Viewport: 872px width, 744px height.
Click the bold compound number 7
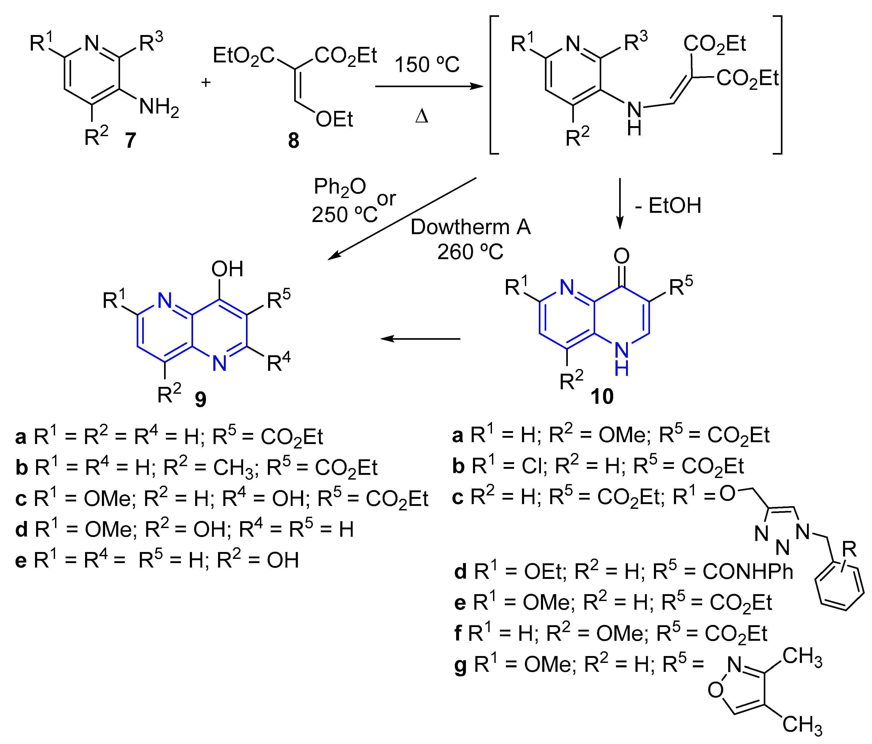click(131, 140)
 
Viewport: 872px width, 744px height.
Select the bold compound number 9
click(201, 398)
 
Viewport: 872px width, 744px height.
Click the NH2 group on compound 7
click(159, 107)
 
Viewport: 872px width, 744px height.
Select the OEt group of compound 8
click(334, 120)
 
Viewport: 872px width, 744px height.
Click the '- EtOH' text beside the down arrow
click(668, 206)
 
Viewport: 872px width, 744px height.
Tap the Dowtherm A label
click(471, 227)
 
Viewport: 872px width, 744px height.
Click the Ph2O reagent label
click(340, 186)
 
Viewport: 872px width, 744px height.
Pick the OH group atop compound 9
click(227, 269)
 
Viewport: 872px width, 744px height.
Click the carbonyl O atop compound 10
click(622, 255)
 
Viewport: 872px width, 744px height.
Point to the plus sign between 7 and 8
click(205, 82)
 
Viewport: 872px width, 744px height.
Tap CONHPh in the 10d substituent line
click(748, 571)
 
